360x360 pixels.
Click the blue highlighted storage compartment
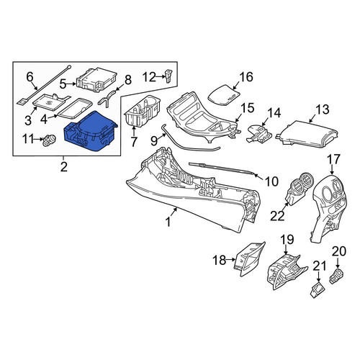pos(90,132)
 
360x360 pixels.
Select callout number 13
pos(323,109)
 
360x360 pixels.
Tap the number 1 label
pos(168,222)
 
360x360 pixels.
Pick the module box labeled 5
pos(96,79)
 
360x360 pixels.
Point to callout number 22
pos(277,216)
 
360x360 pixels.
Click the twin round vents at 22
pos(300,189)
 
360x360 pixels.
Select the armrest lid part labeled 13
pos(307,134)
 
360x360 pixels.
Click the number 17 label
pos(333,160)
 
